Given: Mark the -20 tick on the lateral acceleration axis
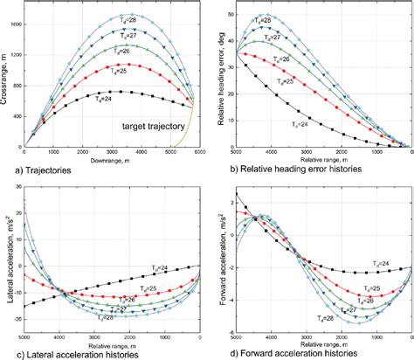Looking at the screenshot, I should click(17, 322).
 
